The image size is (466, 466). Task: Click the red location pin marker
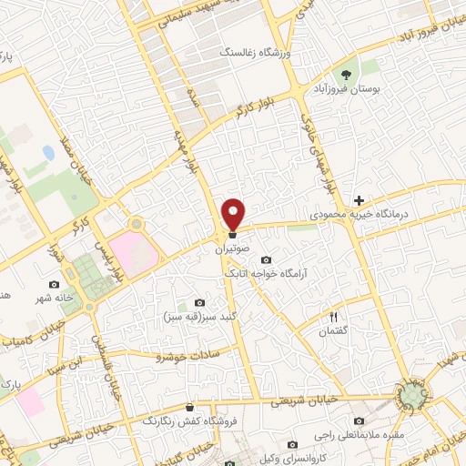[x=234, y=213]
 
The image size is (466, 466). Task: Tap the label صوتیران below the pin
[x=232, y=248]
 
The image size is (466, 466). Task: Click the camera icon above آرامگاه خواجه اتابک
[x=266, y=260]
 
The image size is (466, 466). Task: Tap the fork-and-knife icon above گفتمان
[x=334, y=316]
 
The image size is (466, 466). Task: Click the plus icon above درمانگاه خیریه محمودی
[x=360, y=200]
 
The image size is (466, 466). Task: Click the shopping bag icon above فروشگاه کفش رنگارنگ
[x=189, y=408]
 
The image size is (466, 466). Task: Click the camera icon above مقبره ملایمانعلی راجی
[x=359, y=421]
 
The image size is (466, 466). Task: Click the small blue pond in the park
[x=47, y=153]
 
